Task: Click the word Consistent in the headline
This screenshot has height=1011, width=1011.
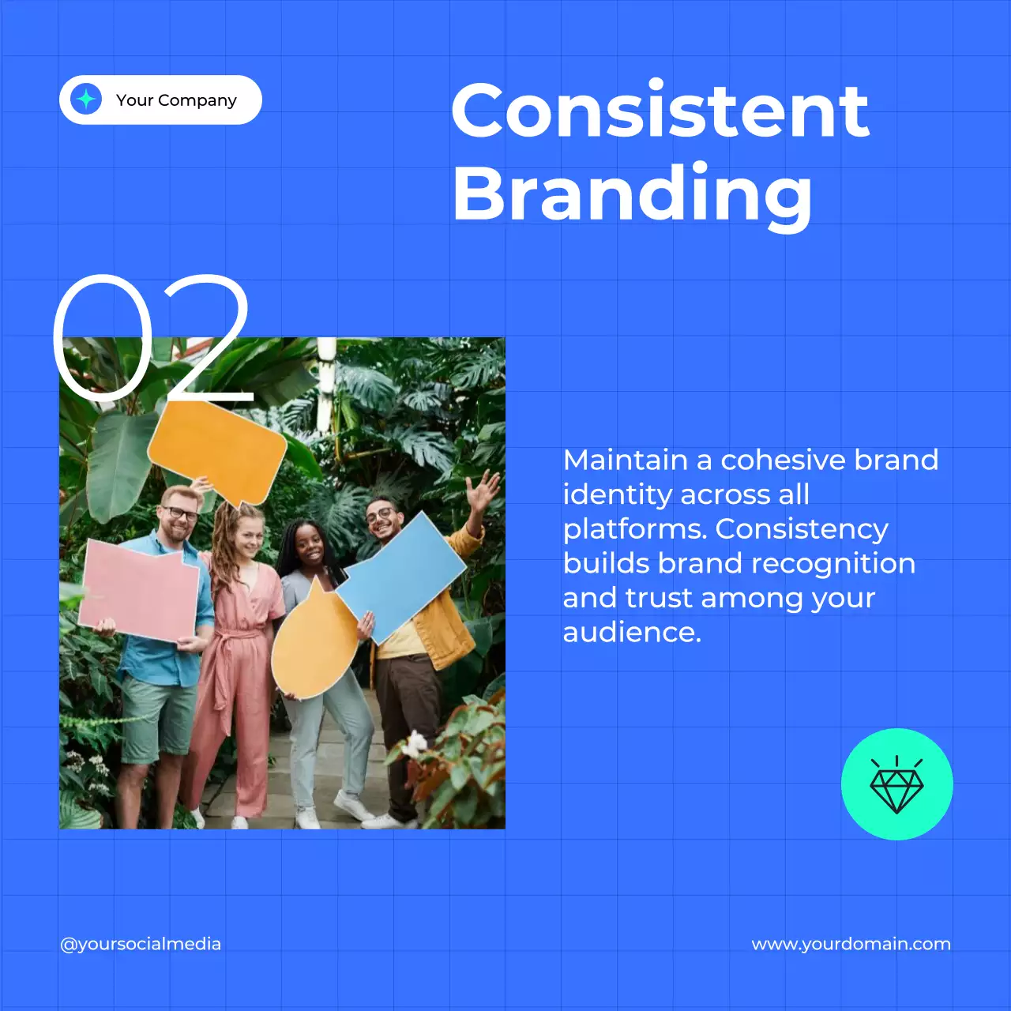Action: [x=660, y=111]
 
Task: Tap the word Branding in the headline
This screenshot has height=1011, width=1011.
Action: [x=632, y=194]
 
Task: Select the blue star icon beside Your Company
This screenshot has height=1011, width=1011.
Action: [x=86, y=100]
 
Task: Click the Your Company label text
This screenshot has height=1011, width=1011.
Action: [x=176, y=100]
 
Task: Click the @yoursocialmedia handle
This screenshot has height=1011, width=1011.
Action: [x=141, y=944]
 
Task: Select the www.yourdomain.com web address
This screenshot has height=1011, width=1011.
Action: [x=851, y=944]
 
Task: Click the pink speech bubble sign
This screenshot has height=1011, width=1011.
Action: [x=140, y=591]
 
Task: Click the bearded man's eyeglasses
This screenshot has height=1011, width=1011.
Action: [x=179, y=514]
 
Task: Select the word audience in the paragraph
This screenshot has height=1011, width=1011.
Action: [x=630, y=632]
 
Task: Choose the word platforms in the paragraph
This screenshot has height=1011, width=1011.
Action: [x=634, y=528]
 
